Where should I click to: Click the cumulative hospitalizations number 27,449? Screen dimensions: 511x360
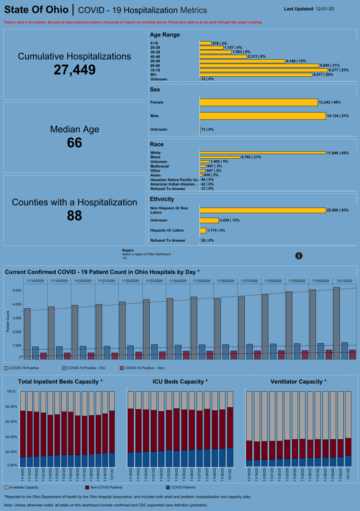[x=74, y=70]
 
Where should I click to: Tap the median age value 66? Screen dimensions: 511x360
[x=74, y=143]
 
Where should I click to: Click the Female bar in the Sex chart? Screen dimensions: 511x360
[x=259, y=102]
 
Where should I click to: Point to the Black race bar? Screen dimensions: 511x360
[x=220, y=157]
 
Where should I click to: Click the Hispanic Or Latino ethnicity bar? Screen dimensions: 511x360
[x=203, y=231]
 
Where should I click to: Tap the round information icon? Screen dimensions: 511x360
[x=299, y=256]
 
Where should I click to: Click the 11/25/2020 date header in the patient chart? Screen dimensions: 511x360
[x=201, y=281]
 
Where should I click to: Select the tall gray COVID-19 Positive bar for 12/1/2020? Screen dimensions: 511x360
[x=336, y=323]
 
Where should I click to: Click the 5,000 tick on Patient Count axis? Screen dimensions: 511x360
[x=17, y=291]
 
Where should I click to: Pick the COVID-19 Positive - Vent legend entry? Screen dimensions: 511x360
[x=142, y=368]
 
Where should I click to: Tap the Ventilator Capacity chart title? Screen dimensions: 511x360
[x=298, y=381]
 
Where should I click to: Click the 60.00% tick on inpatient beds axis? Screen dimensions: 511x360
[x=11, y=422]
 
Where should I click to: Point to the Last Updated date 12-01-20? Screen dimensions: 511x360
[x=324, y=9]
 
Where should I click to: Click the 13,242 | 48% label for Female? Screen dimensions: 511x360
[x=329, y=102]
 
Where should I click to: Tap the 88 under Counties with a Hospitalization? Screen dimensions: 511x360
[x=74, y=215]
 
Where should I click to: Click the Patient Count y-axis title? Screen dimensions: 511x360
[x=8, y=322]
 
